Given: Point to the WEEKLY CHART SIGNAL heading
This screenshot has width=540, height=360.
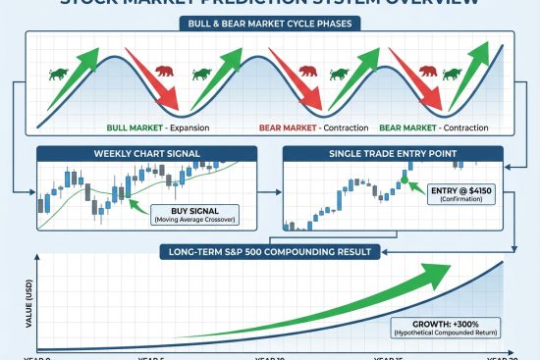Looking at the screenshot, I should pos(147,154).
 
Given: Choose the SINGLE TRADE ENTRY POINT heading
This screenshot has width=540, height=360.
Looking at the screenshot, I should pos(393,154).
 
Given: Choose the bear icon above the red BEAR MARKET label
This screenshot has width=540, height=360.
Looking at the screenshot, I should pos(307,71).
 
